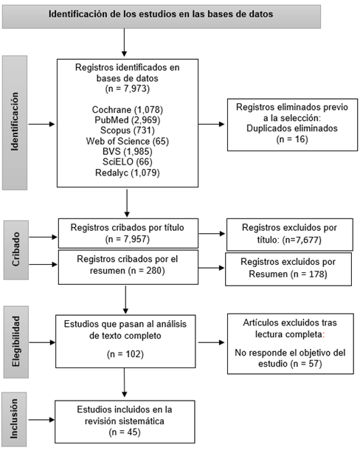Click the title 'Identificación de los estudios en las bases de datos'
pyautogui.click(x=161, y=14)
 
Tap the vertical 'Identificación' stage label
pyautogui.click(x=15, y=122)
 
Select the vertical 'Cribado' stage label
pyautogui.click(x=15, y=249)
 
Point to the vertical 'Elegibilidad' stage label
pyautogui.click(x=15, y=342)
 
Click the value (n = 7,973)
pyautogui.click(x=128, y=89)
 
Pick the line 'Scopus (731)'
pyautogui.click(x=128, y=131)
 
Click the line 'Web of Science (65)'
pyautogui.click(x=128, y=141)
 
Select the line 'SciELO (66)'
pyautogui.click(x=128, y=162)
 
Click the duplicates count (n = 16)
pyautogui.click(x=292, y=139)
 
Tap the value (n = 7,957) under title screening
pyautogui.click(x=128, y=239)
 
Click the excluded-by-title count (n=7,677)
pyautogui.click(x=302, y=240)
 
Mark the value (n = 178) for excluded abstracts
pyautogui.click(x=309, y=274)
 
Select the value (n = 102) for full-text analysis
pyautogui.click(x=125, y=354)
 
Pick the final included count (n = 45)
pyautogui.click(x=125, y=432)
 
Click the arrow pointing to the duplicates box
pyautogui.click(x=211, y=124)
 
